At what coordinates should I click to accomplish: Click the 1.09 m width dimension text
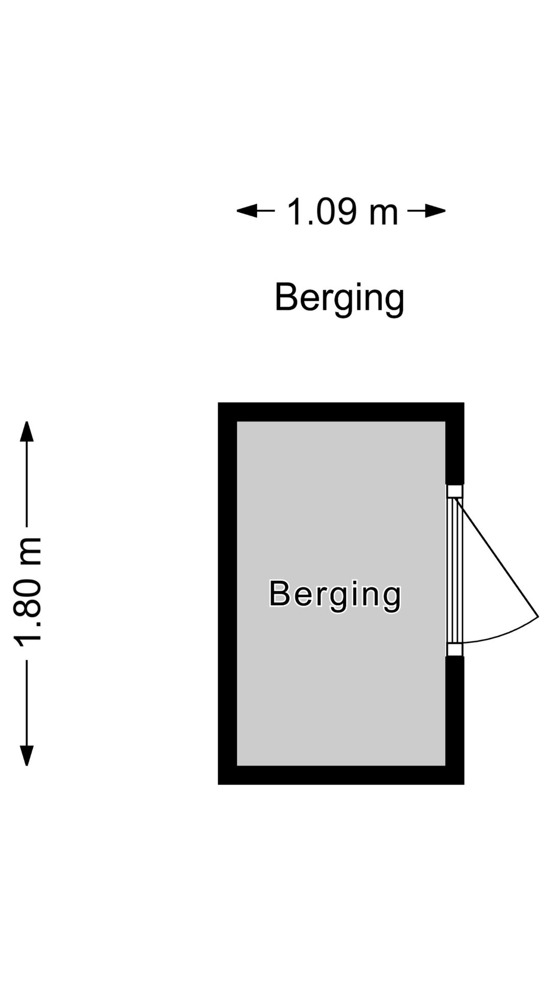(342, 212)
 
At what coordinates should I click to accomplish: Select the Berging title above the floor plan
(339, 298)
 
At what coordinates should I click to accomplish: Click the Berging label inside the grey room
(335, 594)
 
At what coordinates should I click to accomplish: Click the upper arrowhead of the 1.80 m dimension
(27, 431)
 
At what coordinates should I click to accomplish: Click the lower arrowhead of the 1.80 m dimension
(27, 756)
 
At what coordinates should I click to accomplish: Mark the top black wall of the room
(341, 412)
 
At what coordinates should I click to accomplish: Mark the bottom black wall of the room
(341, 775)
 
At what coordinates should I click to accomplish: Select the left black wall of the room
(227, 593)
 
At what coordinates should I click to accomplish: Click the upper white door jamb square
(454, 492)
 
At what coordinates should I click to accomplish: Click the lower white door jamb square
(454, 650)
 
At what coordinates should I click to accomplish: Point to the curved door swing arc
(503, 633)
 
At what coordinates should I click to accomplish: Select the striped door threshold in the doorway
(454, 570)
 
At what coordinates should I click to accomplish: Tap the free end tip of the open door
(538, 617)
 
